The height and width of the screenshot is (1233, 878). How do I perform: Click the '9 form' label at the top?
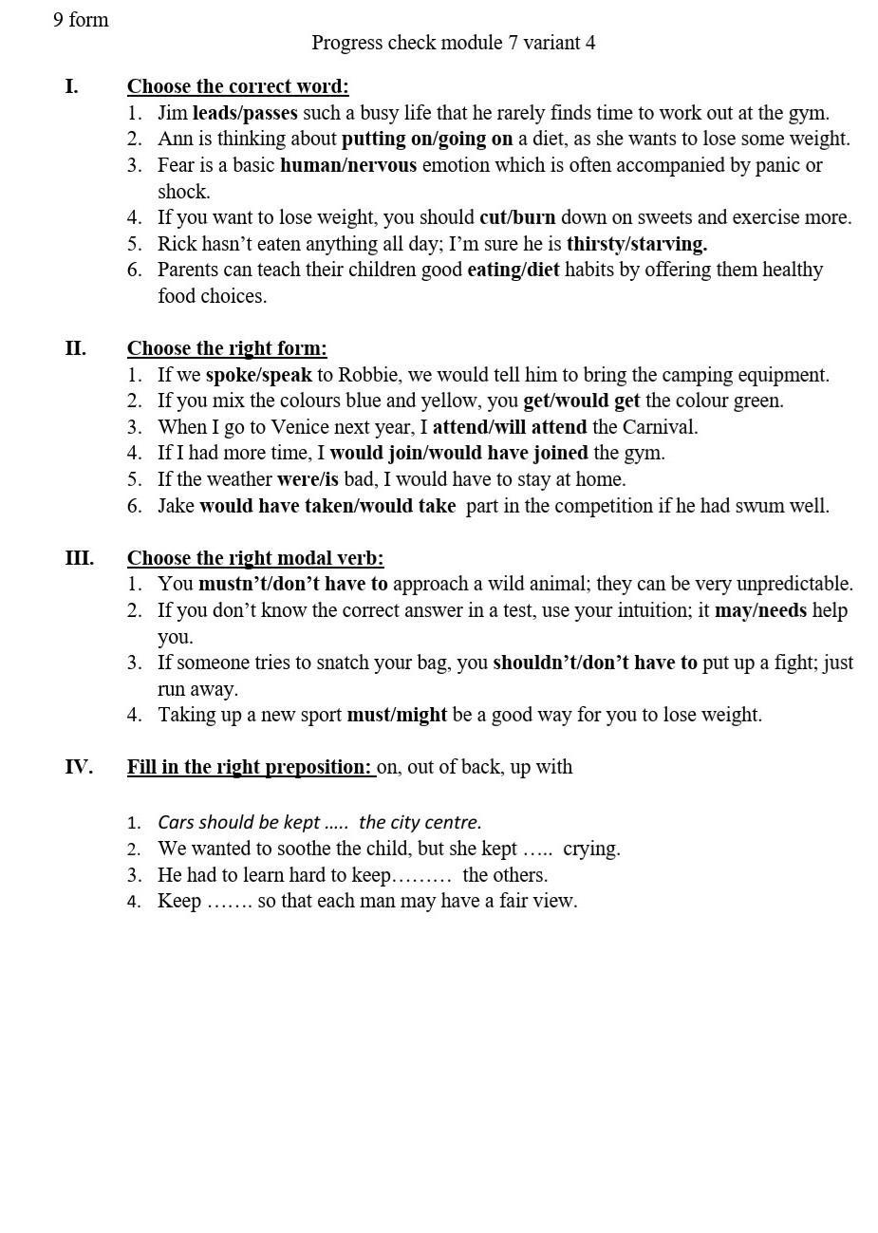[81, 20]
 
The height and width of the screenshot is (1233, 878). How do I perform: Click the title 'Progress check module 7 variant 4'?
[453, 43]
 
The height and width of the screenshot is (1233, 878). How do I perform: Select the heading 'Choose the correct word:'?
[237, 86]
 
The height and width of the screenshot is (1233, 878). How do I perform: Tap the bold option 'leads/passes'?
[245, 113]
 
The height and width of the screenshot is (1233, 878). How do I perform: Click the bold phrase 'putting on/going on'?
[427, 139]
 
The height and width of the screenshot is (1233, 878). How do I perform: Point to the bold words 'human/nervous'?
[348, 165]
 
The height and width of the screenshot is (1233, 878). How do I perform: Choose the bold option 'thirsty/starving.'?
[637, 244]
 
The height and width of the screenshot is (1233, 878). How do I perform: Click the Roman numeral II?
[76, 348]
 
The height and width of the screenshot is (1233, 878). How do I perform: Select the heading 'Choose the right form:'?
[227, 348]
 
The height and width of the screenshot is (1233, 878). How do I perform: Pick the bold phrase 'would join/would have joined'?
[458, 453]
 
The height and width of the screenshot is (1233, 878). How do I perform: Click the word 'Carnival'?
[659, 427]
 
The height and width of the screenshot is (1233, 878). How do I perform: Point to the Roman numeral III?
[79, 558]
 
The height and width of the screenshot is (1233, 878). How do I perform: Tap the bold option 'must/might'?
[397, 715]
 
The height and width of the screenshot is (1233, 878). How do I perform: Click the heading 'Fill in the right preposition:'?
[250, 767]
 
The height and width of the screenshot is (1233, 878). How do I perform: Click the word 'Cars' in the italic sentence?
[176, 822]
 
